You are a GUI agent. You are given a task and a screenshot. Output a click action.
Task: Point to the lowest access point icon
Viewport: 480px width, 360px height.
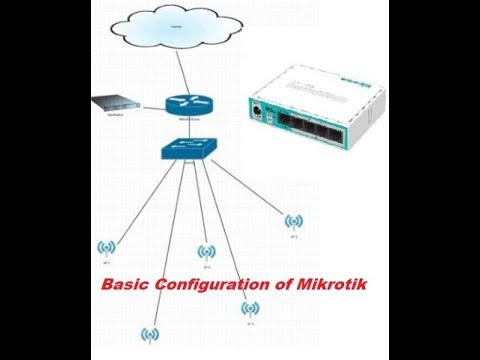(150, 334)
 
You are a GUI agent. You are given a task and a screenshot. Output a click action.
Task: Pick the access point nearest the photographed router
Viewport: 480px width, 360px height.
(293, 221)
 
